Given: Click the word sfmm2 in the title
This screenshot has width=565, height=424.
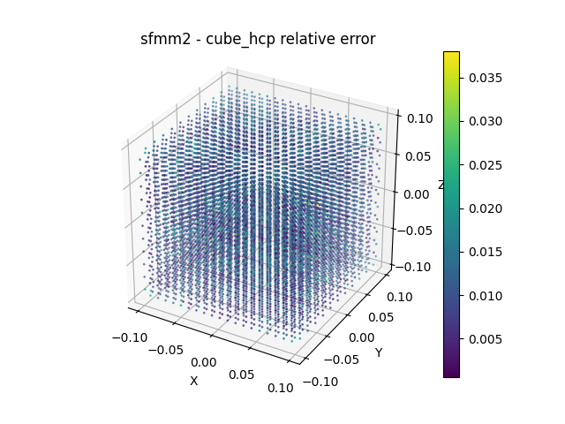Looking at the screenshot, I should pos(162,39).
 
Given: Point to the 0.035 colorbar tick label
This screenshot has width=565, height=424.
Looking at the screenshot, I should pos(487,78).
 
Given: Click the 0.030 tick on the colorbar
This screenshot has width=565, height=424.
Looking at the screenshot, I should pos(487,121).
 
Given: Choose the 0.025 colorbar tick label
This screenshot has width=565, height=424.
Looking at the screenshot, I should pos(487,164).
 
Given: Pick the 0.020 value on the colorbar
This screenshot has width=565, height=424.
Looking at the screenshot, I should pos(487,208).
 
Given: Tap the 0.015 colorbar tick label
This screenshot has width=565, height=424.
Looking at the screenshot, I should pos(487,252).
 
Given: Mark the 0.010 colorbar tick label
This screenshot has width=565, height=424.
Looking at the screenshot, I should pos(487,295).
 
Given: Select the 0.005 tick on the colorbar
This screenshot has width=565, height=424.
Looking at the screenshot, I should pos(487,338).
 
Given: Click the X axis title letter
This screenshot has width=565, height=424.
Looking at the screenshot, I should pos(194,381).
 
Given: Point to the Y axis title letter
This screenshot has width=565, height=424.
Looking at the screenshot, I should pos(379,352).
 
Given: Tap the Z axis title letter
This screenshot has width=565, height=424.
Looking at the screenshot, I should pos(441,185).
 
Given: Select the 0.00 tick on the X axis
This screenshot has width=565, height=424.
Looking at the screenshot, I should pos(203,362).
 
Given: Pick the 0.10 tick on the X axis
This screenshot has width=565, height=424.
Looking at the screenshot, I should pos(279,389).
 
